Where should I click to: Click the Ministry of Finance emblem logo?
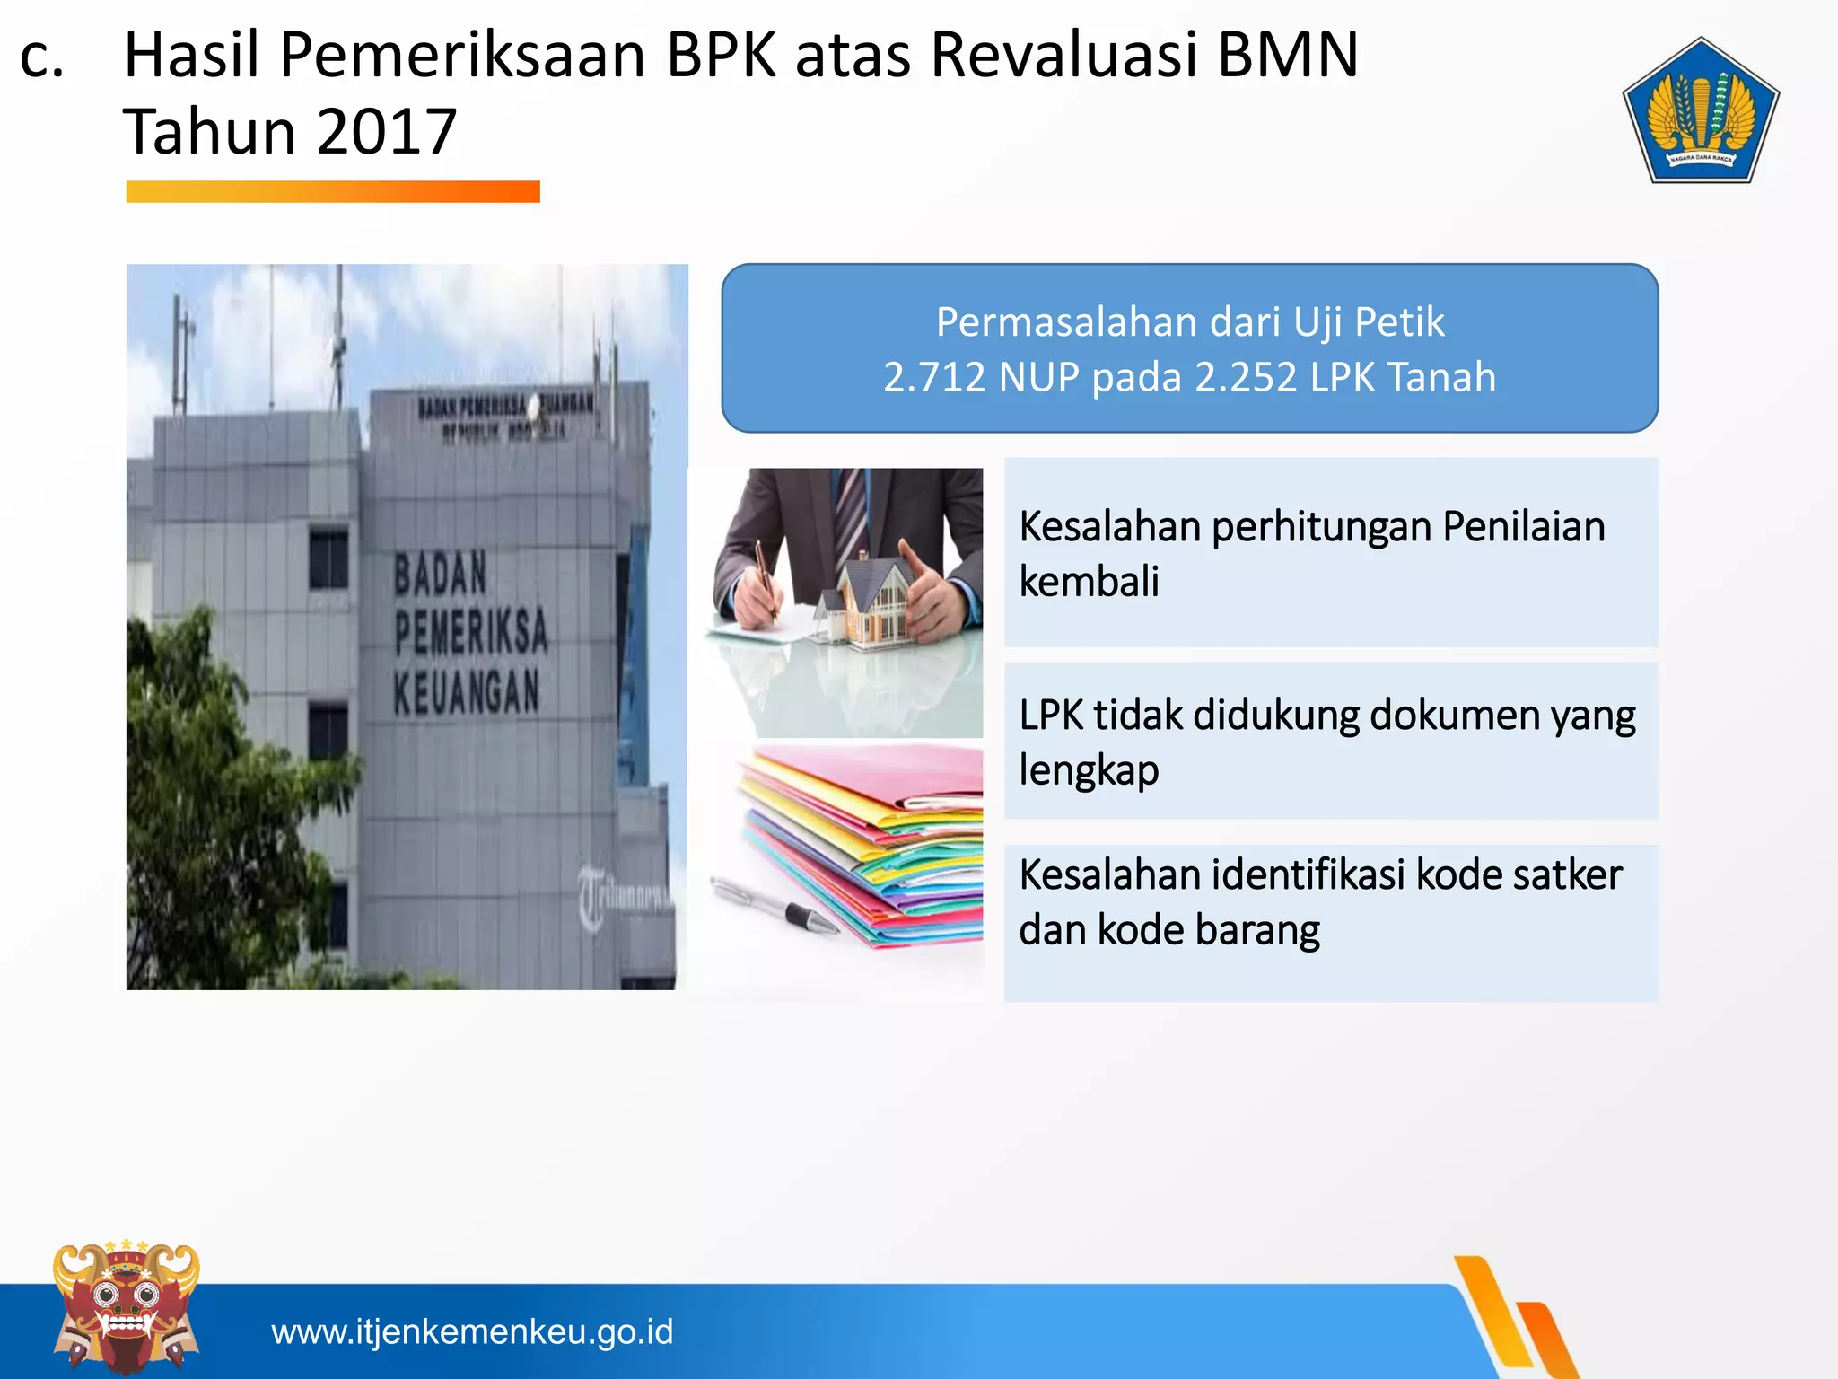(x=1700, y=111)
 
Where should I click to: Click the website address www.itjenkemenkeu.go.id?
(x=472, y=1331)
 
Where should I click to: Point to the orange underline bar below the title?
(x=333, y=191)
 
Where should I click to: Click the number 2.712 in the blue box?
(x=934, y=377)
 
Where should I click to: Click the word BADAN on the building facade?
(x=441, y=573)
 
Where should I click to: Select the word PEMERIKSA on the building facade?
(x=471, y=630)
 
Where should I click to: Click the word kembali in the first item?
(x=1089, y=582)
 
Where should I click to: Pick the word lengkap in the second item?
(x=1089, y=770)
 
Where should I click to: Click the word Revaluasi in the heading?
(x=1064, y=56)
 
